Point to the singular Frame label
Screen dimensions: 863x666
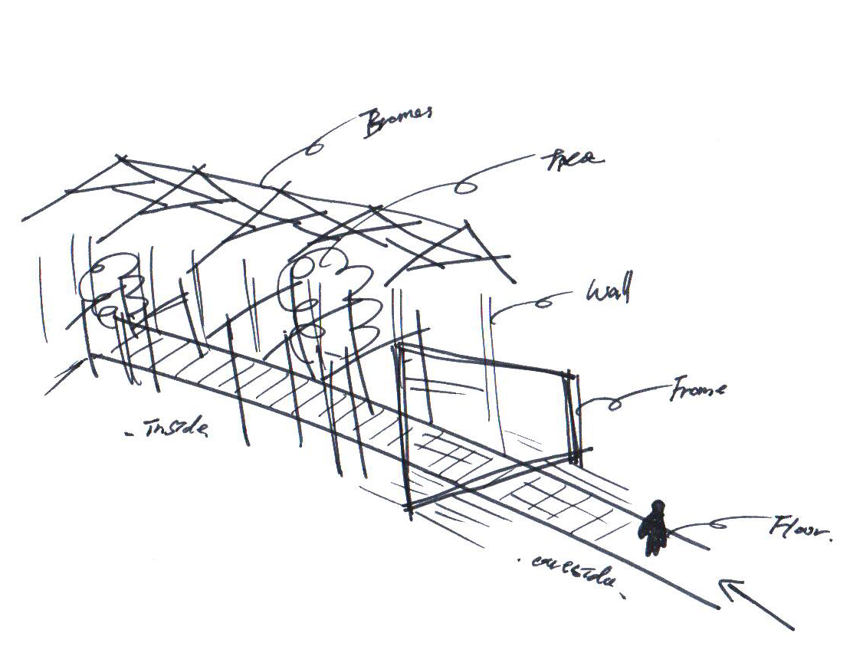697,390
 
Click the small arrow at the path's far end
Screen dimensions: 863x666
64,377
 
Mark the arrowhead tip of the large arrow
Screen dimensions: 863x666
721,582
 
